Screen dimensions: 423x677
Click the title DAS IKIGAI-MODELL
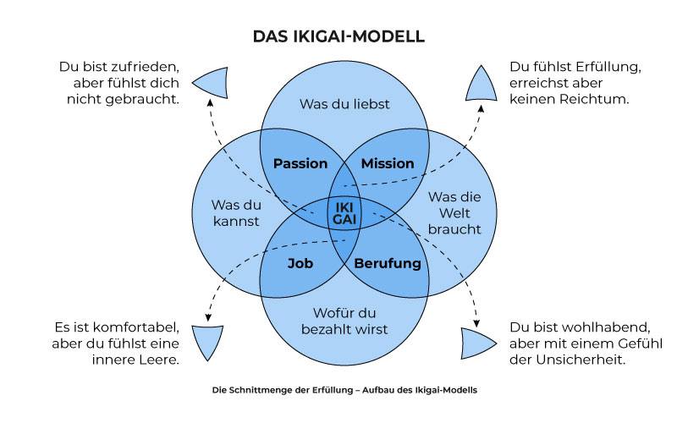click(338, 36)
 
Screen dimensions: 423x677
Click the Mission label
click(388, 163)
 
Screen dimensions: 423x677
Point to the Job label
click(300, 263)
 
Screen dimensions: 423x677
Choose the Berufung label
click(387, 263)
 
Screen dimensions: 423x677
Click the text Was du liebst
click(344, 104)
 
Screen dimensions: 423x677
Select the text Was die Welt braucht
click(454, 212)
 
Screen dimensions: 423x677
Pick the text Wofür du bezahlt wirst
click(344, 321)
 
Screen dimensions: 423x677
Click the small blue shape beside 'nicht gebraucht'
click(210, 82)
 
